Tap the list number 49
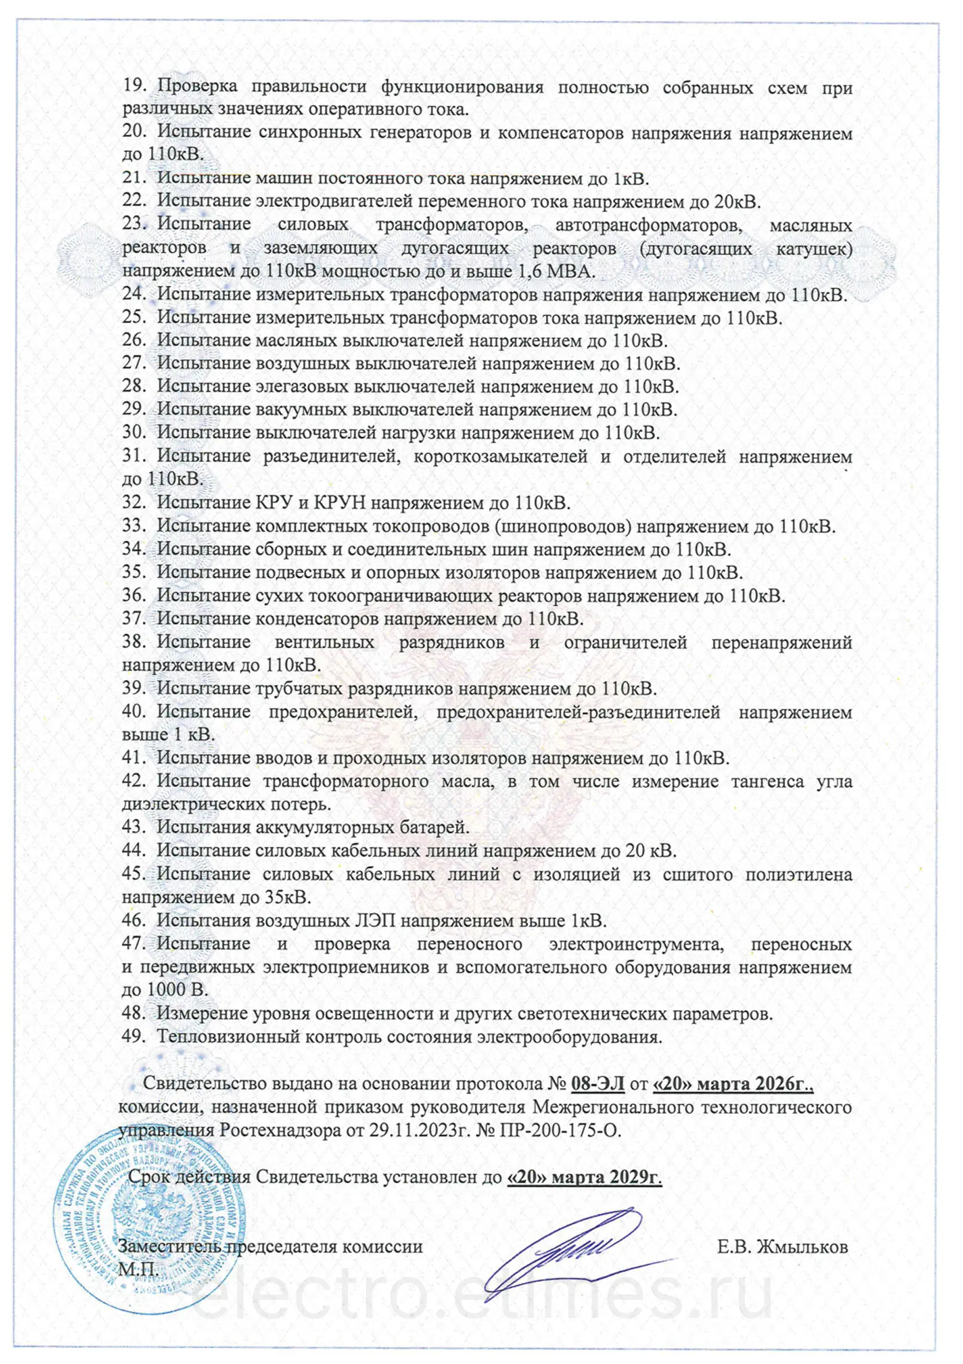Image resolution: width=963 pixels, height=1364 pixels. (133, 1036)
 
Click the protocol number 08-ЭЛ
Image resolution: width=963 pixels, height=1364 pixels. (598, 1083)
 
